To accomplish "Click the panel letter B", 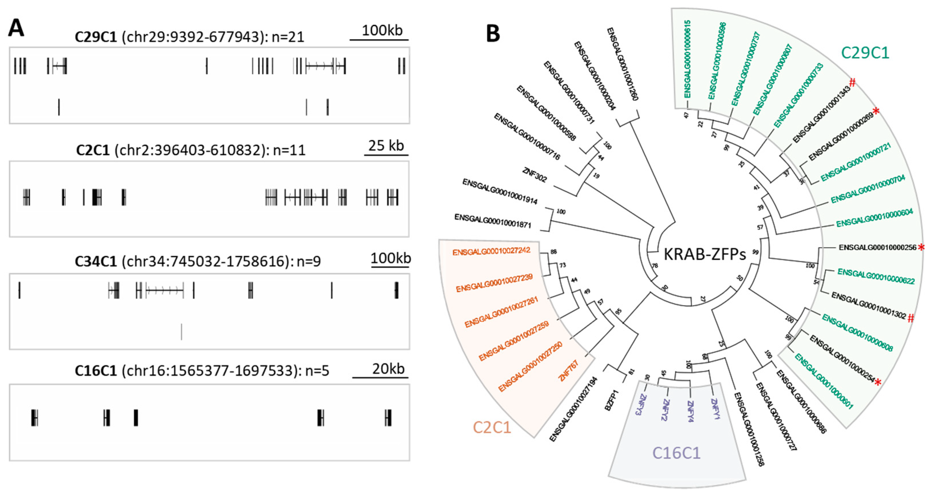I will (493, 34).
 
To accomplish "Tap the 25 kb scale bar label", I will (386, 146).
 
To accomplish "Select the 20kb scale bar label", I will (388, 369).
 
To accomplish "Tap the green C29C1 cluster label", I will (864, 53).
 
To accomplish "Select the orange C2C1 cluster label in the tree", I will (491, 427).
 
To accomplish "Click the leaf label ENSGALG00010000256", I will (877, 248).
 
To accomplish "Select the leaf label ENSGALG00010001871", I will (493, 221).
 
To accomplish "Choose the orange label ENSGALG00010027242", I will (491, 252).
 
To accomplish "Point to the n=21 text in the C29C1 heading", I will (288, 37).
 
